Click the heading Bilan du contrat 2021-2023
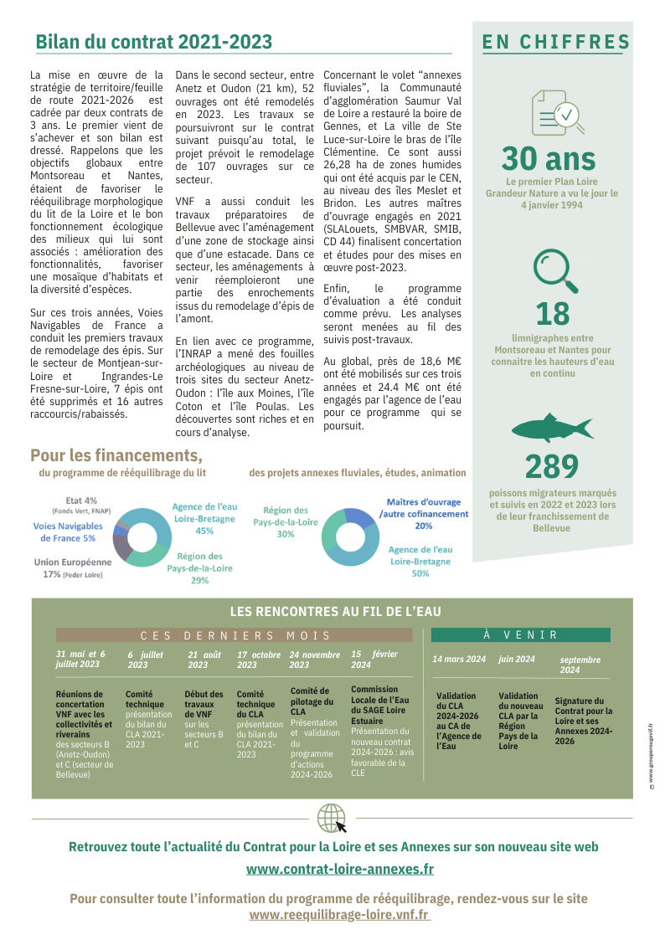[153, 42]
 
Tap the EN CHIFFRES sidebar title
[555, 42]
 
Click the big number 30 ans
[549, 158]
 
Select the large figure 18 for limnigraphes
[552, 314]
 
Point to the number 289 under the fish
[551, 467]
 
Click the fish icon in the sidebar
[552, 428]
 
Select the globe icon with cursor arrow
[332, 818]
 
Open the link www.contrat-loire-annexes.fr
[340, 870]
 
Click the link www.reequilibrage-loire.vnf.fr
[340, 915]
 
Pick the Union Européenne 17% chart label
[72, 568]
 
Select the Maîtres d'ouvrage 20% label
[423, 514]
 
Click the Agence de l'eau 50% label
[420, 562]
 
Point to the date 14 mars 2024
[459, 660]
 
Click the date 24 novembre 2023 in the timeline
[314, 660]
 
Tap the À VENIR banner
[520, 635]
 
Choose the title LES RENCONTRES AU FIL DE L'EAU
[335, 612]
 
